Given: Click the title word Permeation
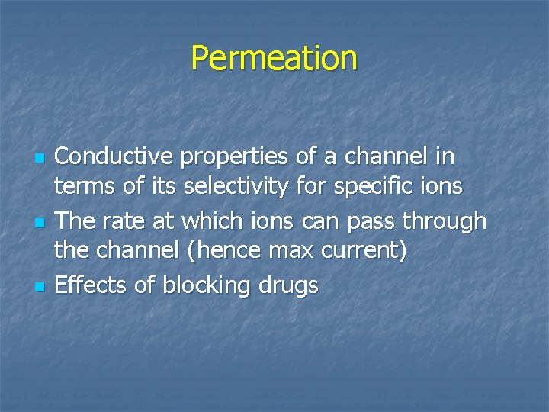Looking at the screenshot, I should (274, 58).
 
